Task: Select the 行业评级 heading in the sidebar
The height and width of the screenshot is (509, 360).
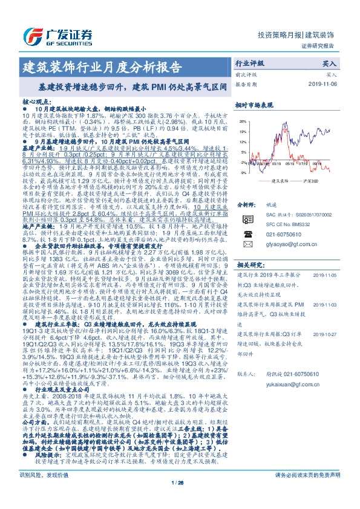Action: click(249, 63)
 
